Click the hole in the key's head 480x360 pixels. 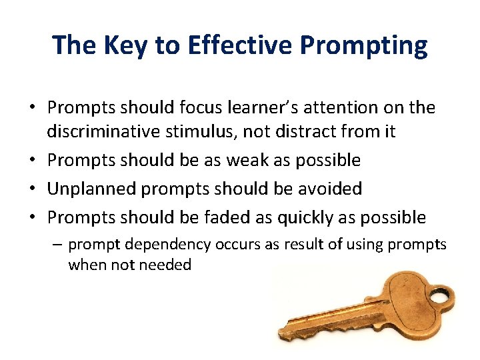pyautogui.click(x=439, y=295)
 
